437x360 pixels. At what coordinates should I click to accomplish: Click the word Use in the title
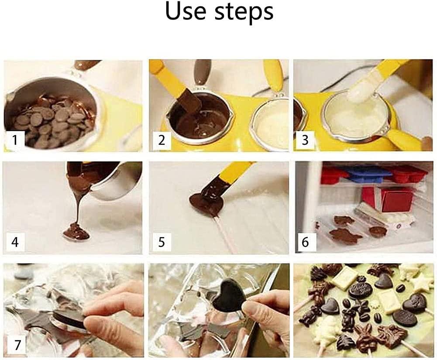[186, 11]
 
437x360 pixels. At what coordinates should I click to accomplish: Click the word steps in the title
[244, 13]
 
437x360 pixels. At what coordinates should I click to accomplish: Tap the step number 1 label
[15, 140]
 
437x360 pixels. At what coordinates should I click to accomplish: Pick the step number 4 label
[15, 242]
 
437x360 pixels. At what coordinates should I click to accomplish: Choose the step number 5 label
[162, 242]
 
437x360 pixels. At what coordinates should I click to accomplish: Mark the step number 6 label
[306, 242]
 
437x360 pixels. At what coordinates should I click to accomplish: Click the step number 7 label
[17, 345]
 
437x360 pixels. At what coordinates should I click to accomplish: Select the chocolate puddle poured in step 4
[76, 231]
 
